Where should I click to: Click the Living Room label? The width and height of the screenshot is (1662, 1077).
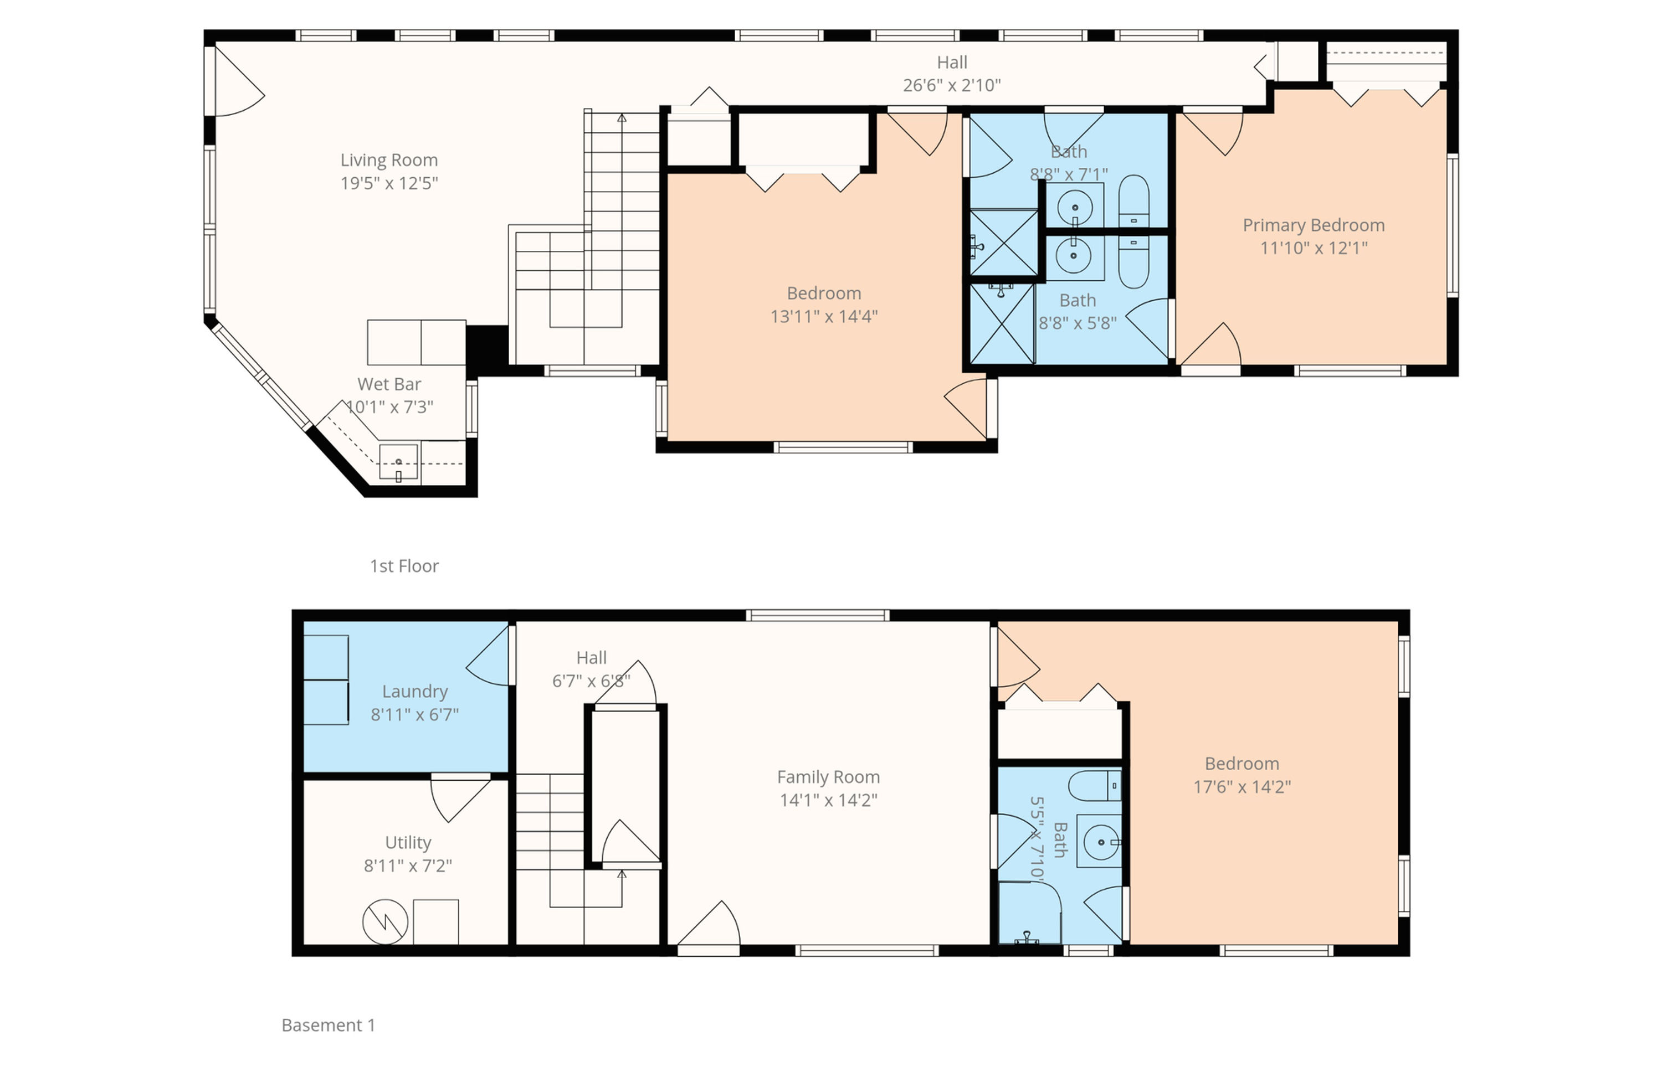coord(389,161)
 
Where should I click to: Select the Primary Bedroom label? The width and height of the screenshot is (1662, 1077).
coord(1314,225)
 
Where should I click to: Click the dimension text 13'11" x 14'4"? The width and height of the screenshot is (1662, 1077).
coord(824,316)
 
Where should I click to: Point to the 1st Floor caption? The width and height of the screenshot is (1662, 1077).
coord(404,566)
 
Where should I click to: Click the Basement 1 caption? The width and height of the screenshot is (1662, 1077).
coord(328,1024)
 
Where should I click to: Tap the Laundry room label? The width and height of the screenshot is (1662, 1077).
coord(415,692)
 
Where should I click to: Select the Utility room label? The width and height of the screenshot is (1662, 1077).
coord(408,842)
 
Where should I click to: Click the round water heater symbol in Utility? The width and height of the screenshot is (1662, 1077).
coord(385,921)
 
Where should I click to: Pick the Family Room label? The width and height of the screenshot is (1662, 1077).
coord(828,777)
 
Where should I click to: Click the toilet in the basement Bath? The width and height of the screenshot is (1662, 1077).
coord(1094,786)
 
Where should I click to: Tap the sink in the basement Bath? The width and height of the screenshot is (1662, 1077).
coord(1099,842)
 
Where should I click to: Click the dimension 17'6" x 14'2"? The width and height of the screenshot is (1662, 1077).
coord(1242,787)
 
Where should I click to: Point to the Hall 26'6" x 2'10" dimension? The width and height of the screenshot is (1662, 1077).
coord(952,85)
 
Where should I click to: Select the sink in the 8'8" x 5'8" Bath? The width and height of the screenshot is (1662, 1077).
coord(1074,256)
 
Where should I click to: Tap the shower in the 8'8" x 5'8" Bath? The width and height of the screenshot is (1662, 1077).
coord(1002,323)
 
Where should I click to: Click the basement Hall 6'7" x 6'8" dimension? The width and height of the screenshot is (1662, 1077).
coord(592,681)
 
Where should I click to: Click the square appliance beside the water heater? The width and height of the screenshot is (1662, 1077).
coord(436,922)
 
